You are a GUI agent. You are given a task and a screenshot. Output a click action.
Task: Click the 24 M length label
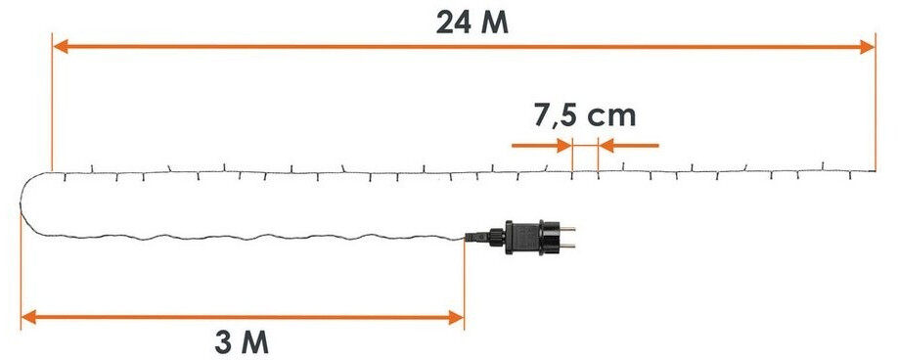tap(471, 22)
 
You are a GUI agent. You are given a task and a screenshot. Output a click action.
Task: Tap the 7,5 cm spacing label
tap(585, 116)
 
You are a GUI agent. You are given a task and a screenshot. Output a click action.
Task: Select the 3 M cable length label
tap(242, 342)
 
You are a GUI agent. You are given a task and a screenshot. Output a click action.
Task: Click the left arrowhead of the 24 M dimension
tap(60, 47)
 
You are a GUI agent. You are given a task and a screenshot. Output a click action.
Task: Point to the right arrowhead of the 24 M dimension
tap(867, 47)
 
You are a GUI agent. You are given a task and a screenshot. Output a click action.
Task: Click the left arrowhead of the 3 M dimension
tap(28, 317)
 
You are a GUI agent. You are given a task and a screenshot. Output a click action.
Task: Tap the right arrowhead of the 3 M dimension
tap(456, 317)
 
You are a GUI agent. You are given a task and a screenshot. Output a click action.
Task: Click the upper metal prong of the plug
tap(567, 230)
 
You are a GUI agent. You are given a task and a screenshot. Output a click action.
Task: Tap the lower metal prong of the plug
tap(567, 247)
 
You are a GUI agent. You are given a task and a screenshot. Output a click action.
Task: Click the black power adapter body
tap(531, 237)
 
